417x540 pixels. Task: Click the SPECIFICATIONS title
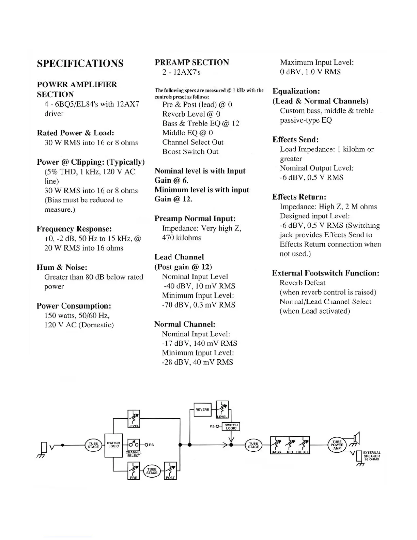[x=80, y=64]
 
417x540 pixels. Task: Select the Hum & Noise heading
[x=62, y=268]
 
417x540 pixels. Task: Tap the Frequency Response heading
[x=74, y=229]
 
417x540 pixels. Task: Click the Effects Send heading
[x=295, y=140]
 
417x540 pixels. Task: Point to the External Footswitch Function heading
[x=325, y=273]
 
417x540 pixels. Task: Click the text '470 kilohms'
[x=182, y=238]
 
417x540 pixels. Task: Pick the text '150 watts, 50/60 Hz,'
[x=77, y=316]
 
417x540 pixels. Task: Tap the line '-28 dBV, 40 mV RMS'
[x=197, y=362]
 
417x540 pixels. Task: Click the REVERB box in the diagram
[x=202, y=409]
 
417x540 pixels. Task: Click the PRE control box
[x=134, y=471]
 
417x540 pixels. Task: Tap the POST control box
[x=170, y=471]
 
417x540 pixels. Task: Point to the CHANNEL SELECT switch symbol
[x=133, y=445]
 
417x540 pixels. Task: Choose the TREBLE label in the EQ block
[x=302, y=452]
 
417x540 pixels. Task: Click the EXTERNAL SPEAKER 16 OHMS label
[x=371, y=456]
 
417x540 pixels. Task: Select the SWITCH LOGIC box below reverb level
[x=231, y=426]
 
